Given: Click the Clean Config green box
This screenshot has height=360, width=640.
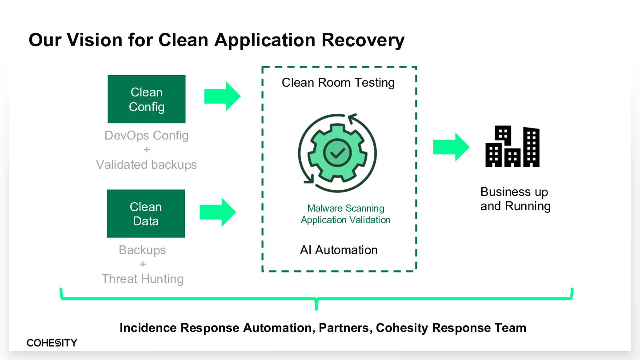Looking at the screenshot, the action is [147, 99].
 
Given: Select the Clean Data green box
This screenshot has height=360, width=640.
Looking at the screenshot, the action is [146, 213].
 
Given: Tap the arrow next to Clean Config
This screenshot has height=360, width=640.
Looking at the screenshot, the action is [222, 96].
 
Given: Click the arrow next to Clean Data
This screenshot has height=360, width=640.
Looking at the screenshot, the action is [218, 212].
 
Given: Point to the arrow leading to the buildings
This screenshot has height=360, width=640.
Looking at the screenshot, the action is [452, 147].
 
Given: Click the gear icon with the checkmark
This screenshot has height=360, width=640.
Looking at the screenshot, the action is [337, 153].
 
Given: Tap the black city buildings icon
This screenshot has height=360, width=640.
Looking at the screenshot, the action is [512, 146].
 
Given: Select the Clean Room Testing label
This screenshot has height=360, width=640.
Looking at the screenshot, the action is [338, 83].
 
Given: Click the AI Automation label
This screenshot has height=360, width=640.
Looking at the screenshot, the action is [339, 250].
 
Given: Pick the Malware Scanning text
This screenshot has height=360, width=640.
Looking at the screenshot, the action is [346, 208].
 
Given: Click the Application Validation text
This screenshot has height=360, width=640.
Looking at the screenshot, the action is [345, 220].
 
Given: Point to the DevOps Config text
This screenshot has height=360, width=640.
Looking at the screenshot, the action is [147, 136].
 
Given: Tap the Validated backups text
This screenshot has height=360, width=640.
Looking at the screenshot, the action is [147, 164].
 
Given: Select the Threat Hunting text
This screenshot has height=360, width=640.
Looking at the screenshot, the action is [143, 279].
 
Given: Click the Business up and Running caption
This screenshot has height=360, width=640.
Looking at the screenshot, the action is [516, 199].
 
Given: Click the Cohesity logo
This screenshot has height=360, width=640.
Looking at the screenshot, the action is [52, 343].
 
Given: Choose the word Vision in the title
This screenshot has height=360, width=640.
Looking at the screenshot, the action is [95, 40].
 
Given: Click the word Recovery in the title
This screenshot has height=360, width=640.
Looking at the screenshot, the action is [363, 40].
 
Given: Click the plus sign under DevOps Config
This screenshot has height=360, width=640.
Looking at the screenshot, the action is [147, 149].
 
